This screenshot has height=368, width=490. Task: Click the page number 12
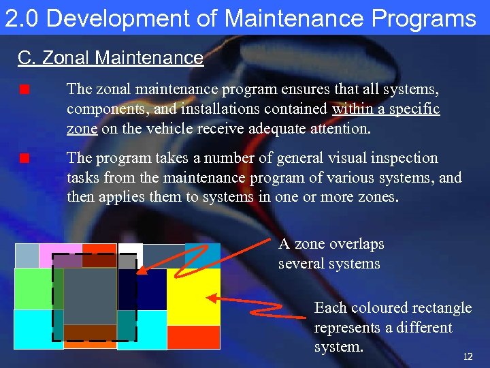pos(468,357)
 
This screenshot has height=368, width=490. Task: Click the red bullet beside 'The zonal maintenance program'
pos(24,89)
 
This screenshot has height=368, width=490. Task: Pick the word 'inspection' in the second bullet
pos(403,158)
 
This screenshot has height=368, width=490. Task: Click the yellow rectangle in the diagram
pos(193,296)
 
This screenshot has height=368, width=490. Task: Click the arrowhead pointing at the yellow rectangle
pos(210,297)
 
